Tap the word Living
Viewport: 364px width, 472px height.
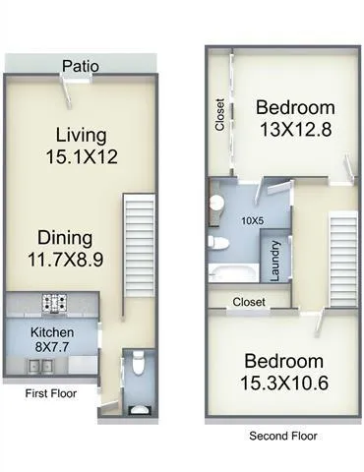(x=82, y=135)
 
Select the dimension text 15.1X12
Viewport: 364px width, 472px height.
(x=82, y=155)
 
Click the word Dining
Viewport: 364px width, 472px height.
(x=66, y=237)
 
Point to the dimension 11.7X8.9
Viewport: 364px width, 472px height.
(x=66, y=260)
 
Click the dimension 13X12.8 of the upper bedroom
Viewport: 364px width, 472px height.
(x=295, y=129)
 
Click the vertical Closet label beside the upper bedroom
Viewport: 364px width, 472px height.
(x=219, y=115)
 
